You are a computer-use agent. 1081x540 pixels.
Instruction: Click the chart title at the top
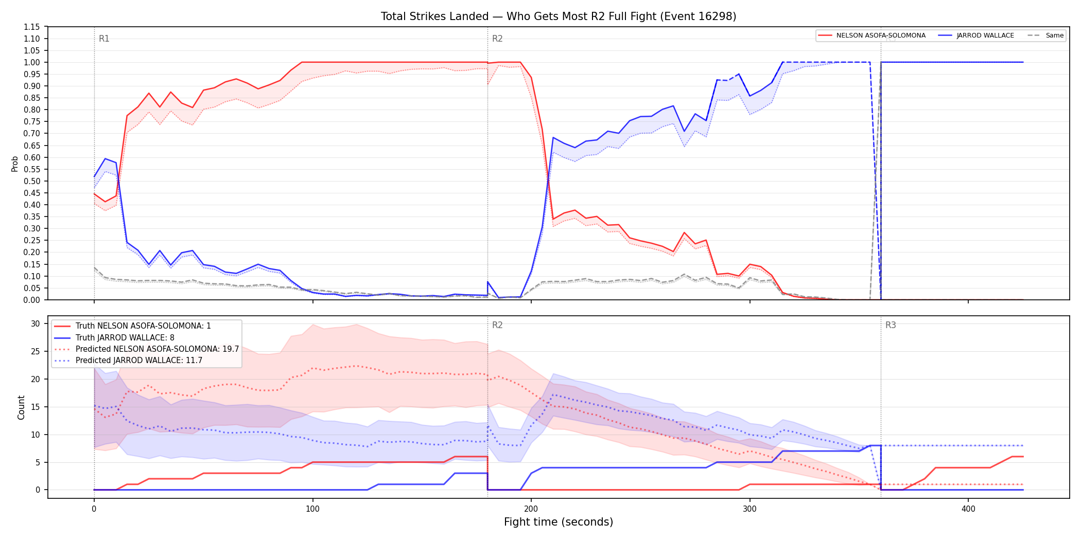[559, 16]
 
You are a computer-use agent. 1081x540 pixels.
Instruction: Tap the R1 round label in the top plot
[104, 39]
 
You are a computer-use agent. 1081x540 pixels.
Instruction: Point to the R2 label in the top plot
[497, 39]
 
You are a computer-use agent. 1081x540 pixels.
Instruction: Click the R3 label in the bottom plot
[891, 325]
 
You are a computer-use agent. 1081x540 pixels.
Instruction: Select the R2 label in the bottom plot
[497, 325]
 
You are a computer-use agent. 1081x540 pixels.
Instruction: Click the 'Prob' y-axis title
[14, 164]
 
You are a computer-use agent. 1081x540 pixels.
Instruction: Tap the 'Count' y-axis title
[21, 407]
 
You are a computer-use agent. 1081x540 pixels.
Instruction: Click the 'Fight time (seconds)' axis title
[559, 522]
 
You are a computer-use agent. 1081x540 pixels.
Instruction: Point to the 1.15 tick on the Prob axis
[32, 27]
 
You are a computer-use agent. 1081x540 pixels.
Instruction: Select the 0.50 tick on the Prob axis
[32, 181]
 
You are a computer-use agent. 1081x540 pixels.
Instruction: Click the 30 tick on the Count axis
[36, 323]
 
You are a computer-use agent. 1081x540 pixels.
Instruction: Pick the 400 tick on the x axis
[968, 509]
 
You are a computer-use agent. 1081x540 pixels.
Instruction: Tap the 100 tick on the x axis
[312, 509]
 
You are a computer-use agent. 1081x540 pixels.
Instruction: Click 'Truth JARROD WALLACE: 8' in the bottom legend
[125, 338]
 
